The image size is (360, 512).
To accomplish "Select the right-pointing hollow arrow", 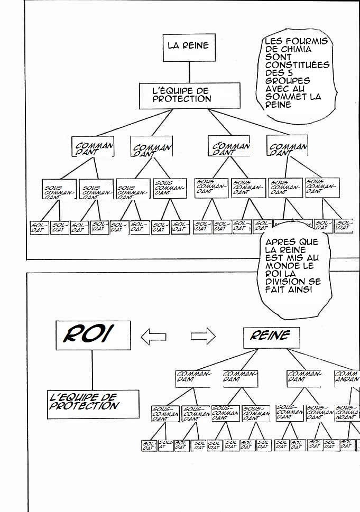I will click(x=203, y=335).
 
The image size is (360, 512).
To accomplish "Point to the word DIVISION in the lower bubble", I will click(x=286, y=282).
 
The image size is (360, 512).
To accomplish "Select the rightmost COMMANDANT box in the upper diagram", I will click(x=287, y=147).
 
